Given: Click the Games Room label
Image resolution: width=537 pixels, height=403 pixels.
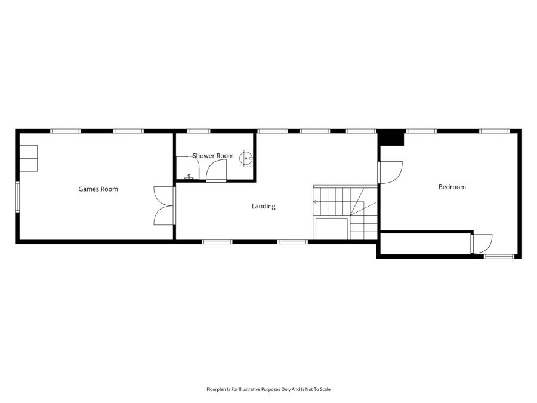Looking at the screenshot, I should (x=98, y=189).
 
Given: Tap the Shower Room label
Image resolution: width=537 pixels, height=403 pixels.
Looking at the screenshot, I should (x=212, y=156).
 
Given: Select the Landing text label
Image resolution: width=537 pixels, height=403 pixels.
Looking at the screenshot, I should (x=263, y=207).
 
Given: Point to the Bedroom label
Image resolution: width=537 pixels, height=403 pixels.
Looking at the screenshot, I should (x=452, y=187).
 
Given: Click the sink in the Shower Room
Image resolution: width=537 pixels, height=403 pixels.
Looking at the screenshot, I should (x=246, y=158).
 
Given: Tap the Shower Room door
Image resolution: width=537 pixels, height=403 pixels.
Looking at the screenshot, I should (x=215, y=171).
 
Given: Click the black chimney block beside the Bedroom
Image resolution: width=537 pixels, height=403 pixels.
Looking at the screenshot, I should (x=392, y=137).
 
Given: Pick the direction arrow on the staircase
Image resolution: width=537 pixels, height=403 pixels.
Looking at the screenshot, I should (x=316, y=202).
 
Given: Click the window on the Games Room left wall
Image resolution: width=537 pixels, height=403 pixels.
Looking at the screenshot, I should (x=17, y=196).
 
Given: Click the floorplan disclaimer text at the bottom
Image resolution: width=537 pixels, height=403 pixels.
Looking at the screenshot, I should (x=268, y=389).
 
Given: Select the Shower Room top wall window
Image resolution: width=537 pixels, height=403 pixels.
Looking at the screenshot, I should (x=197, y=131).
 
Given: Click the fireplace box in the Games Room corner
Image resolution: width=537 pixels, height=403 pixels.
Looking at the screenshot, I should (x=29, y=158).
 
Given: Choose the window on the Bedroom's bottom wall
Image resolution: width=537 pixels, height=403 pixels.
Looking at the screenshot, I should (x=498, y=257).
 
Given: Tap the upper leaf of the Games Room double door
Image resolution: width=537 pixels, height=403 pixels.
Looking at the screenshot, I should (x=162, y=196).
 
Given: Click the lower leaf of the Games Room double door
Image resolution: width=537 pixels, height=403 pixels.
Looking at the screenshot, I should (x=163, y=216).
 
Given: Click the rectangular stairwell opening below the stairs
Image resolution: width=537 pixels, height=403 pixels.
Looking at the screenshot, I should (x=332, y=229).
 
